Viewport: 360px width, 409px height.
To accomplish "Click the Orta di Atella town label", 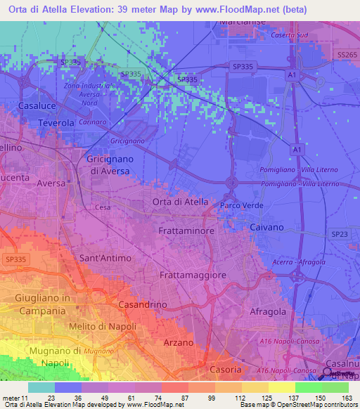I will click(x=180, y=202).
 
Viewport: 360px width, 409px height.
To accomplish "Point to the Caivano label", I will click(x=267, y=228).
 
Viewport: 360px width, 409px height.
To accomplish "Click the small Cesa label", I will click(x=103, y=207).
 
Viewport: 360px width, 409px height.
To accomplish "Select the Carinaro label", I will click(x=92, y=122).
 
